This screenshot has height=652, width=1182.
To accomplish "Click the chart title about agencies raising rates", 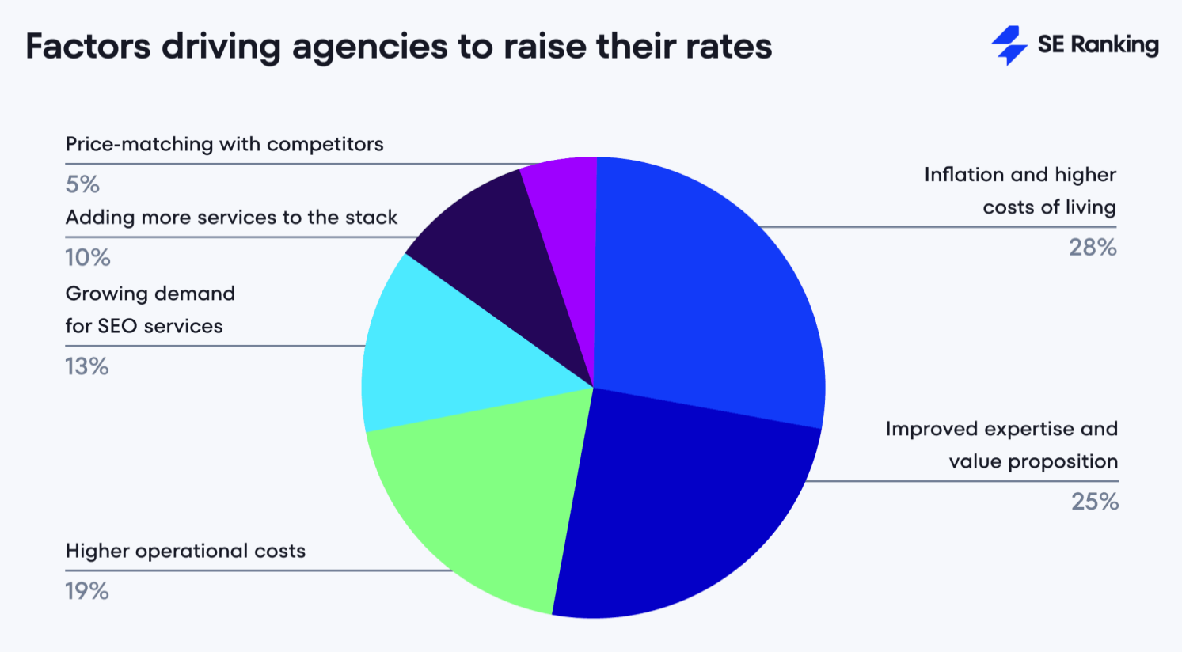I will pyautogui.click(x=398, y=46).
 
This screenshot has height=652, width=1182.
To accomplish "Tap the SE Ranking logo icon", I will pyautogui.click(x=1009, y=45).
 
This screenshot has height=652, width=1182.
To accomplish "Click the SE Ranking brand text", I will pyautogui.click(x=1097, y=45).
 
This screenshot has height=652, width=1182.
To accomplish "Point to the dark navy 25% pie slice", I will pyautogui.click(x=673, y=506).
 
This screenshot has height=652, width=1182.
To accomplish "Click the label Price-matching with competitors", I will pyautogui.click(x=224, y=144).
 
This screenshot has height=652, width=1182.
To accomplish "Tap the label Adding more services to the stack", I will pyautogui.click(x=231, y=218).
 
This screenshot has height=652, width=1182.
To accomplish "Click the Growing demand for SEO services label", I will pyautogui.click(x=150, y=309).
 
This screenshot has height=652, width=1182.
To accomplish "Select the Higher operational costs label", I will pyautogui.click(x=185, y=551).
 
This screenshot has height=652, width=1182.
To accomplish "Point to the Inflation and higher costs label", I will pyautogui.click(x=1020, y=191).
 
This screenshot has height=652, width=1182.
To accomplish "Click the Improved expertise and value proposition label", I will pyautogui.click(x=1001, y=445).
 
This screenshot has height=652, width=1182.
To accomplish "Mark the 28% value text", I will pyautogui.click(x=1093, y=248).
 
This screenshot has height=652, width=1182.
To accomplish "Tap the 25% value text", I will pyautogui.click(x=1094, y=502).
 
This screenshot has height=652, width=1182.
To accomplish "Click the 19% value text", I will pyautogui.click(x=87, y=591).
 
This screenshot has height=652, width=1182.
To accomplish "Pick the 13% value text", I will pyautogui.click(x=87, y=366).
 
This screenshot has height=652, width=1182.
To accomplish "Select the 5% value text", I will pyautogui.click(x=82, y=184).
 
